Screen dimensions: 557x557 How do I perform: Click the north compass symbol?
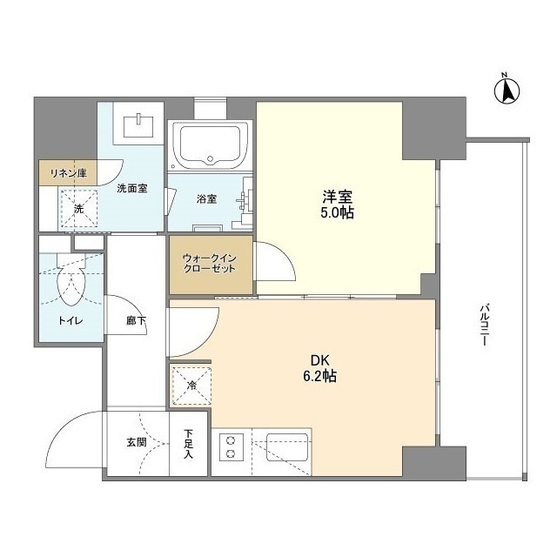pos(507,91)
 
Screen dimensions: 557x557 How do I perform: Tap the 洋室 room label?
pos(337,197)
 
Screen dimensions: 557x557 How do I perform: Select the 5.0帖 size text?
pos(337,212)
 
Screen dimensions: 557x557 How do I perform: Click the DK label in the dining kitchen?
pos(320,360)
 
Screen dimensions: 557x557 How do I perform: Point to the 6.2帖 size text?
pos(319,376)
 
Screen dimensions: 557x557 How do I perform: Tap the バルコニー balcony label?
pos(484,325)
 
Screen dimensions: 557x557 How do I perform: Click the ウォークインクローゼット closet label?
pos(209,263)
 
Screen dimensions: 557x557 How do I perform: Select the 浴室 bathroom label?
pos(207,199)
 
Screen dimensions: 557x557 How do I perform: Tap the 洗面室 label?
pos(132,188)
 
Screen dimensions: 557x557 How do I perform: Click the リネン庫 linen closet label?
pos(69,173)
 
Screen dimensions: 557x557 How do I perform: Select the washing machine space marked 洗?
pos(79,209)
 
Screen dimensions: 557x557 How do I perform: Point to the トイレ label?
pos(70,321)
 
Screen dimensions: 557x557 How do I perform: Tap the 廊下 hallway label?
pos(136,321)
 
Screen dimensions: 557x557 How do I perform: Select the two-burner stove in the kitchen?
pos(232,447)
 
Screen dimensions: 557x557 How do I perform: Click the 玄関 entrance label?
pos(137,443)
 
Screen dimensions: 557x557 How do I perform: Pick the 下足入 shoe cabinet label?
pos(188,444)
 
